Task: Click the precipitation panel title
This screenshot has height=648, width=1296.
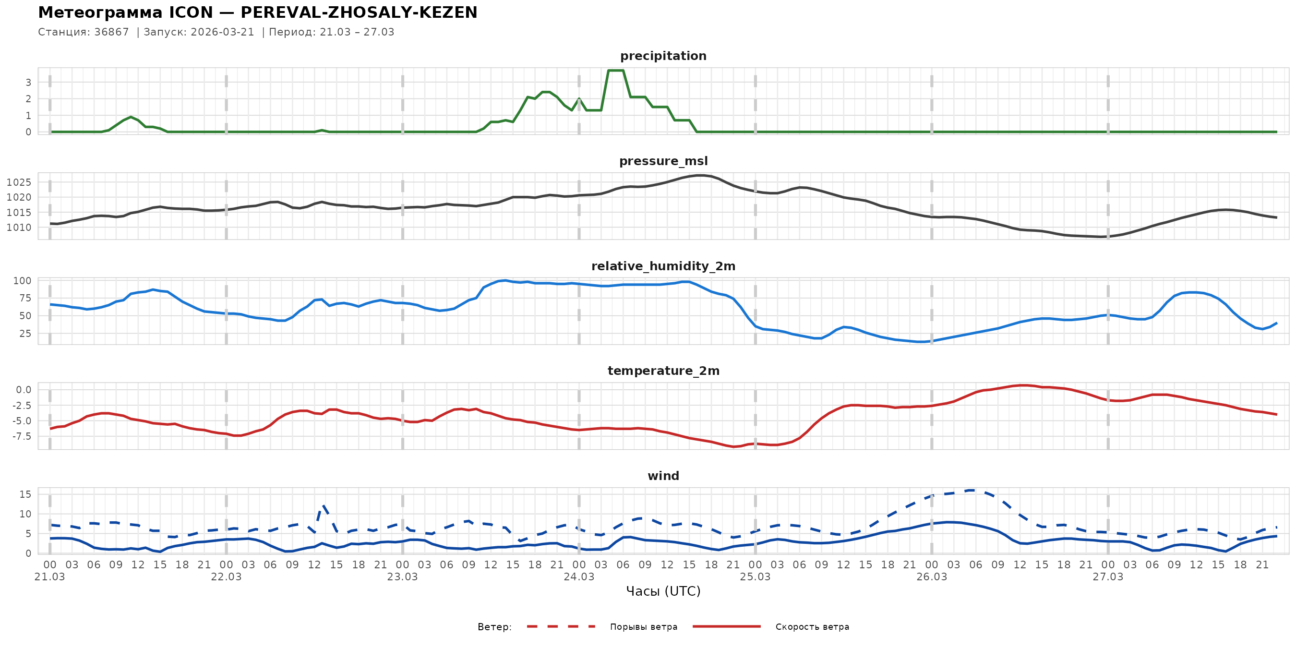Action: click(663, 56)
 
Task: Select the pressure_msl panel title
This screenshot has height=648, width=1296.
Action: click(663, 161)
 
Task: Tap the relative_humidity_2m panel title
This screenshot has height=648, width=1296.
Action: click(663, 266)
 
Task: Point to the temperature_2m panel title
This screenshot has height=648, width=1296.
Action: click(663, 371)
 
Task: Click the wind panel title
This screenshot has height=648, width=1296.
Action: click(663, 476)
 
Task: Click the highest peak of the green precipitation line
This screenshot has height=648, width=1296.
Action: click(616, 71)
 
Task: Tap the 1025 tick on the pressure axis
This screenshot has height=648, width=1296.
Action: click(19, 182)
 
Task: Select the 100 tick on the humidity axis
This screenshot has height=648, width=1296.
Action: click(22, 281)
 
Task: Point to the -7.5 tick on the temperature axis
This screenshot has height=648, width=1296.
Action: click(21, 436)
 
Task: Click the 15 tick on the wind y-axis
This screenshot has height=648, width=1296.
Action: click(25, 494)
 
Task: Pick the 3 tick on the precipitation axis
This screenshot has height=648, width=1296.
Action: click(28, 82)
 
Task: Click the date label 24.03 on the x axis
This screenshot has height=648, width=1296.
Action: click(578, 577)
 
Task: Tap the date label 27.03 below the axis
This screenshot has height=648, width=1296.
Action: click(1108, 577)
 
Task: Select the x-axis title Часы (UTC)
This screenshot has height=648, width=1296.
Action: click(663, 591)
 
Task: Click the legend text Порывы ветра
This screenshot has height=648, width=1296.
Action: click(644, 627)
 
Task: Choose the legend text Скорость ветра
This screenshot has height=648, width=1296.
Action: click(812, 627)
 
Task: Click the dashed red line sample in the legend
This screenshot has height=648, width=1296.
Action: click(561, 626)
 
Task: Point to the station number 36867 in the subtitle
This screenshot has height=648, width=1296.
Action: click(111, 32)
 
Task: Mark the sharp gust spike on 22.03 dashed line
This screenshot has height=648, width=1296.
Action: click(324, 505)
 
